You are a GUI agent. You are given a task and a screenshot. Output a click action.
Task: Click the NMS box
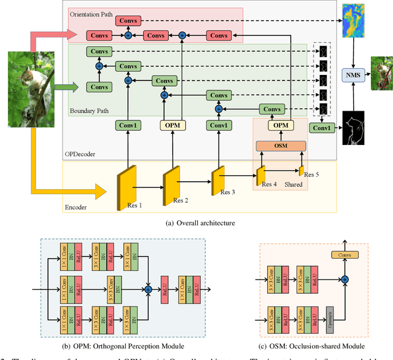pyautogui.click(x=353, y=75)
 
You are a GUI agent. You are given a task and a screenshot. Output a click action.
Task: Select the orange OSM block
pyautogui.click(x=280, y=146)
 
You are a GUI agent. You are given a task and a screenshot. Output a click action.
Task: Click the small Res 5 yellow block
pyautogui.click(x=301, y=170)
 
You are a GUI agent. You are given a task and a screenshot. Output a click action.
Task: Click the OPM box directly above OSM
pyautogui.click(x=280, y=125)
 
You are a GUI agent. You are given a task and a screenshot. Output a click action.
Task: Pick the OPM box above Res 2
pyautogui.click(x=173, y=125)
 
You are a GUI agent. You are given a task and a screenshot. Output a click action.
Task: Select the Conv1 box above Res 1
pyautogui.click(x=128, y=125)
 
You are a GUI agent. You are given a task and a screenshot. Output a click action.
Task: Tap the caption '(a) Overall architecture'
pyautogui.click(x=196, y=224)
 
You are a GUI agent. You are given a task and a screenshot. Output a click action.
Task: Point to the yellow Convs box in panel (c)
pyautogui.click(x=345, y=254)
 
